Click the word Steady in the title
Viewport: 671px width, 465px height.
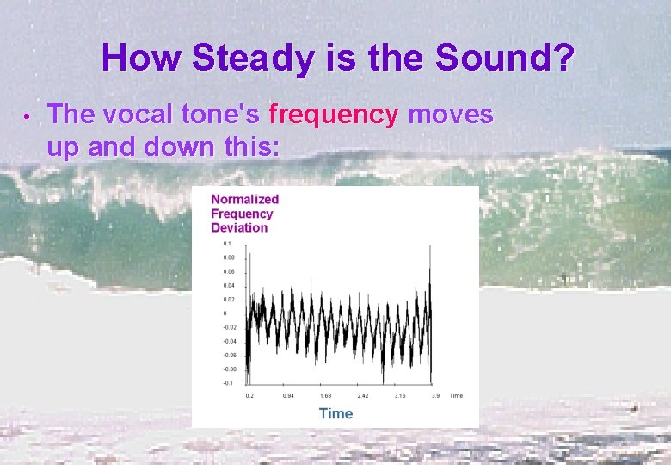point(254,59)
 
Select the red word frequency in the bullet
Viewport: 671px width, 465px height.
point(334,114)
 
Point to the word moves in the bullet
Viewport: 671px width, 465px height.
point(450,114)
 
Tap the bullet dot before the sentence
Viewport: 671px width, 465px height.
point(28,115)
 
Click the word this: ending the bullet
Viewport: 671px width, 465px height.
point(250,147)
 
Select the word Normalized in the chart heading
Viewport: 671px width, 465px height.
point(245,199)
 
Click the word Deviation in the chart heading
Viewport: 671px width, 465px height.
point(239,227)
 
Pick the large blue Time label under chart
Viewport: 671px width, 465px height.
point(335,413)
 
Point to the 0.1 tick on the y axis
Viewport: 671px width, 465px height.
point(228,244)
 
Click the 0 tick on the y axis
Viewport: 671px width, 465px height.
point(225,313)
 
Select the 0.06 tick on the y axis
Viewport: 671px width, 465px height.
point(229,271)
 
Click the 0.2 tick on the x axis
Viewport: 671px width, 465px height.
point(249,396)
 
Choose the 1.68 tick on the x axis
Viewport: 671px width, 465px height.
point(325,396)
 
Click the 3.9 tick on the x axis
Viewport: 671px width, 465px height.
point(435,396)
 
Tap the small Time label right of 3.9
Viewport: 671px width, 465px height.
point(456,396)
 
